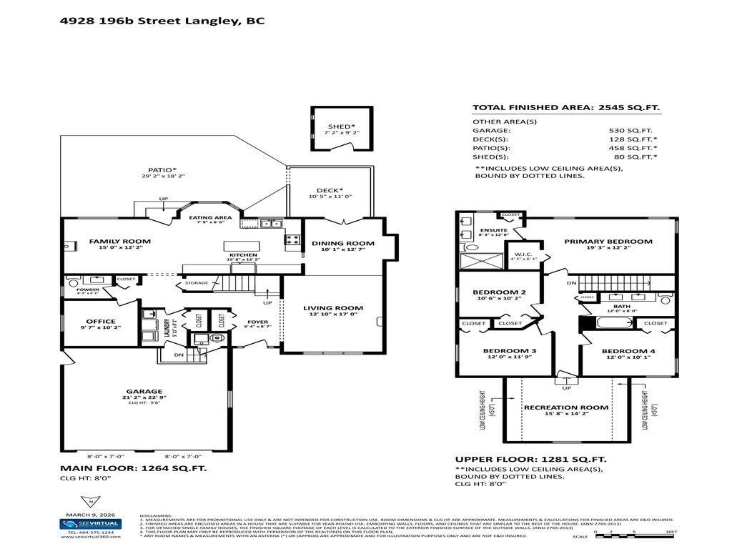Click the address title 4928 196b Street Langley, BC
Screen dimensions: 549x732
click(162, 21)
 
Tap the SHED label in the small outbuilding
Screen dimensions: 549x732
click(341, 127)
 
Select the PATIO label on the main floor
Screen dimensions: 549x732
click(162, 170)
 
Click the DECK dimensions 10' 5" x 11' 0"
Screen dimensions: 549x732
click(330, 197)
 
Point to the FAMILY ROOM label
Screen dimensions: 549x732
click(119, 242)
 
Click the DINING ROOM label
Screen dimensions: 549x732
click(343, 244)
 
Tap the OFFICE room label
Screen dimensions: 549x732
click(101, 322)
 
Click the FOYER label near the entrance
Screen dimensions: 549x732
click(257, 322)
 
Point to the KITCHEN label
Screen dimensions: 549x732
click(242, 254)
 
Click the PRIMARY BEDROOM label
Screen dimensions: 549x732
click(608, 242)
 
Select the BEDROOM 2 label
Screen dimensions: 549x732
click(499, 292)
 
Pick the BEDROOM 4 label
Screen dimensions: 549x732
click(628, 352)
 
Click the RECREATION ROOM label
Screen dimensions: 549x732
click(565, 407)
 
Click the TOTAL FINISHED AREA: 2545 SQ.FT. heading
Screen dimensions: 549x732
click(566, 108)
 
